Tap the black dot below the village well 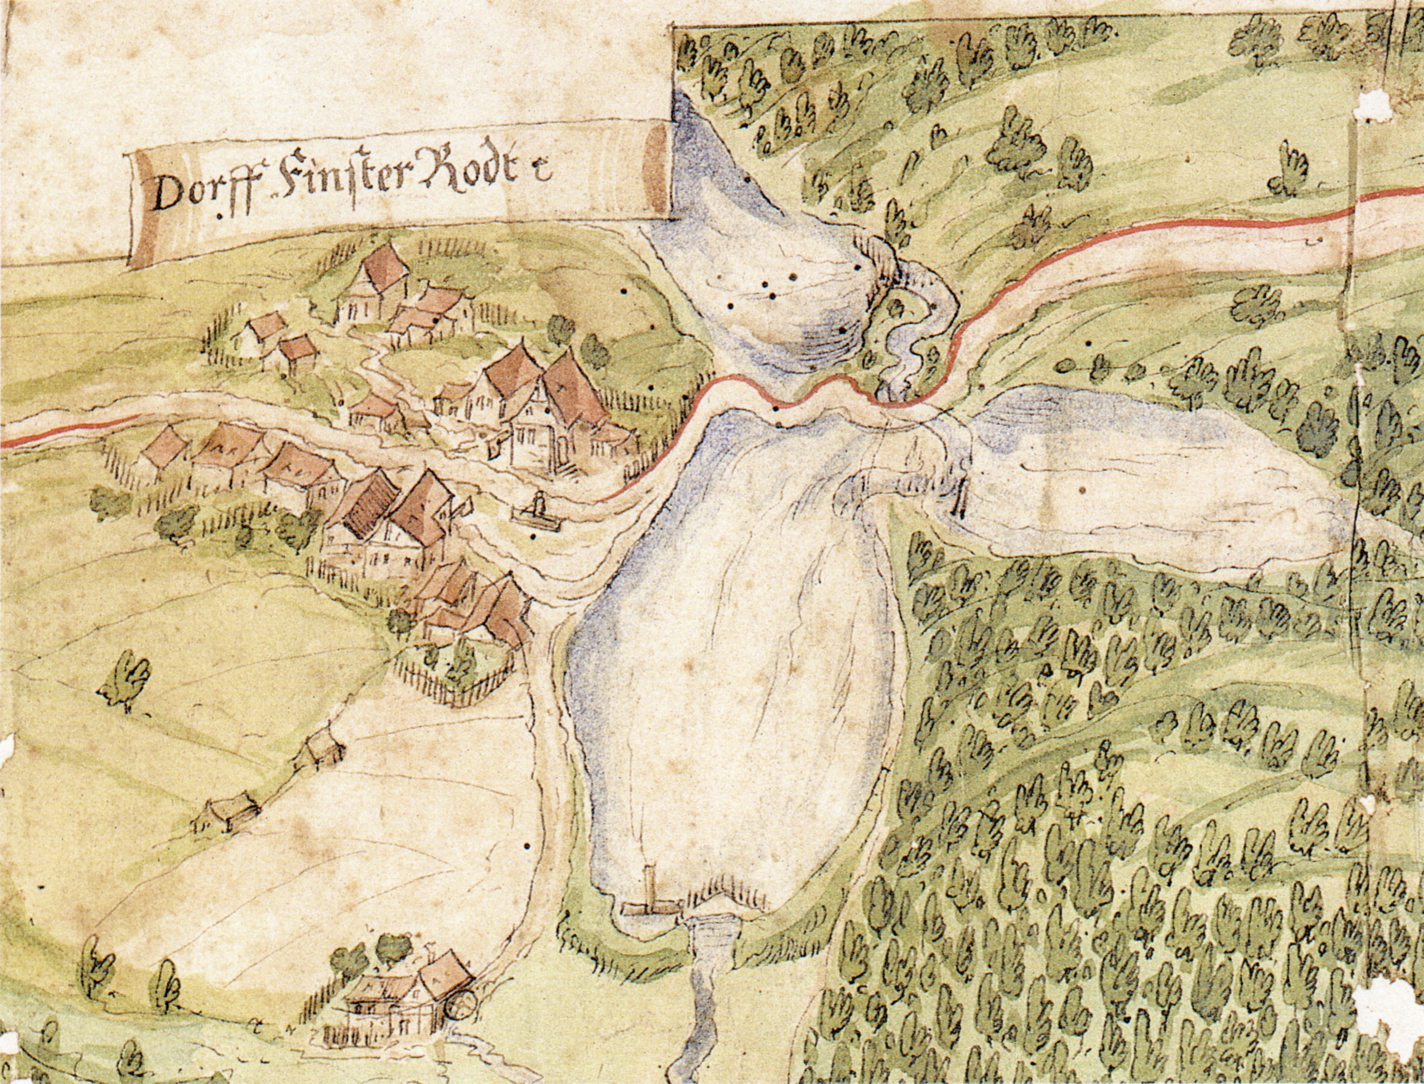coord(533,536)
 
